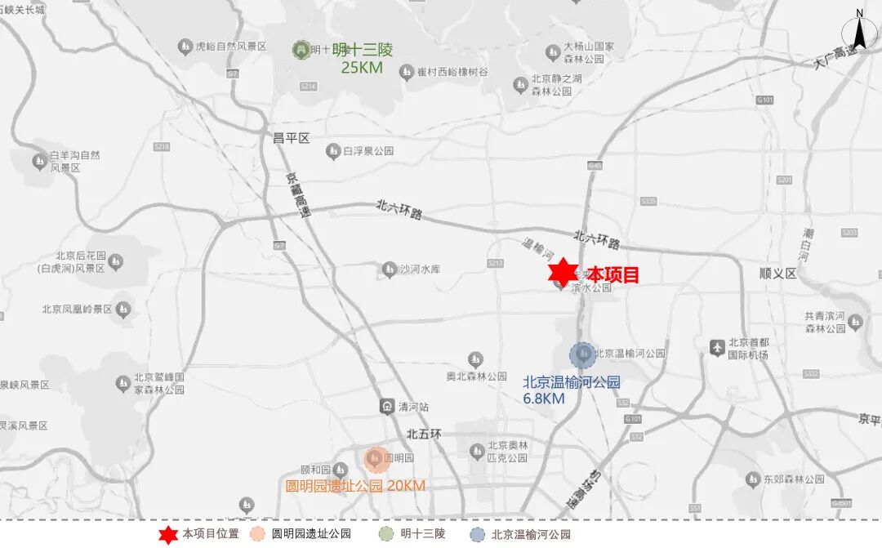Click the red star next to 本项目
click(562, 272)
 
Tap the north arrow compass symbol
click(859, 32)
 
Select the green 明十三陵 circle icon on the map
click(301, 50)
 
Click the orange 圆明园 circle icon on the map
click(376, 460)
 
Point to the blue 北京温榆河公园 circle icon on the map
click(582, 354)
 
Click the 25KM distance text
click(362, 68)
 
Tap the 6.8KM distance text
click(544, 399)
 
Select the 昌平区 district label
click(292, 138)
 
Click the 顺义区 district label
click(777, 274)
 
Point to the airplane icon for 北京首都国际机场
click(717, 347)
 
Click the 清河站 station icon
click(386, 406)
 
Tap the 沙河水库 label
click(420, 269)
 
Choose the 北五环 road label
click(424, 434)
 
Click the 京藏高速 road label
click(299, 205)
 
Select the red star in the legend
click(167, 535)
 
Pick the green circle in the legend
click(386, 535)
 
